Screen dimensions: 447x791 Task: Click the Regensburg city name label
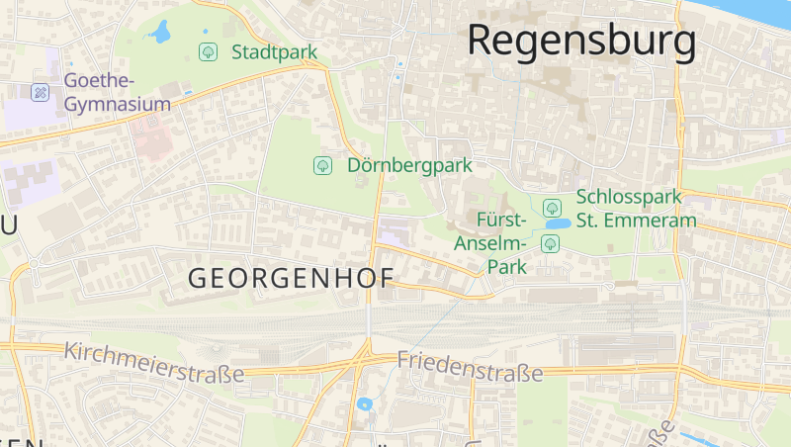point(581,41)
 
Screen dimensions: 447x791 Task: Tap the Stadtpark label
point(274,51)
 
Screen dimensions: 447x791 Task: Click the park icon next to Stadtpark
point(208,51)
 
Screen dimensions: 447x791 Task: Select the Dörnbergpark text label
point(409,165)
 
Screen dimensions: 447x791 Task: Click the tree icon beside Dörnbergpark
point(322,165)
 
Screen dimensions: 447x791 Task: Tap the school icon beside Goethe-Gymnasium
point(41,92)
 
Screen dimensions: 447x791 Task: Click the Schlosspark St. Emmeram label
point(636,209)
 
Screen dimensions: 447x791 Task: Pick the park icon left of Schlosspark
point(553,208)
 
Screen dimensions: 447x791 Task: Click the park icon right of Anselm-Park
point(550,243)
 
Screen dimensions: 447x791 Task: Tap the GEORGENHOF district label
point(291,279)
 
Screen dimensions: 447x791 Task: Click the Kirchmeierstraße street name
point(153,362)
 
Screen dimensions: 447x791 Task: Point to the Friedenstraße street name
point(470,366)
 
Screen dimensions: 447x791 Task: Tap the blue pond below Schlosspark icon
point(556,224)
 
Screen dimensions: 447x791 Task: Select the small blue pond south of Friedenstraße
point(365,403)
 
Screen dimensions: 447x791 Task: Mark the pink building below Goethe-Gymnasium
point(150,139)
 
